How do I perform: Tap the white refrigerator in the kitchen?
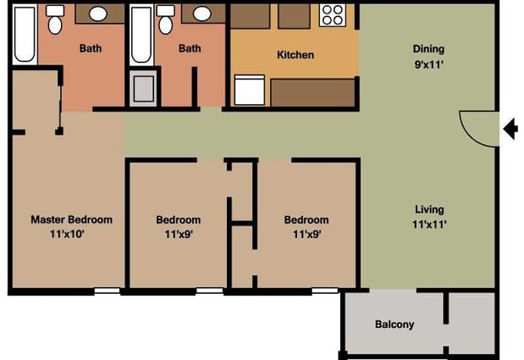(251, 89)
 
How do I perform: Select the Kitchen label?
(295, 55)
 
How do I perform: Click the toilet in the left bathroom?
(55, 19)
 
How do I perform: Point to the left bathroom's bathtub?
(25, 34)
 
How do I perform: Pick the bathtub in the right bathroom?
(140, 34)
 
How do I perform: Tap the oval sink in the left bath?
(98, 14)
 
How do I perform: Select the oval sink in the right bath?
(201, 14)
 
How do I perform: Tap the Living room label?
(428, 209)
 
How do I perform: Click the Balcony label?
(394, 324)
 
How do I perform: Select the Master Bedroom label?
(71, 219)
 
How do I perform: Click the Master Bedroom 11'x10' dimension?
(71, 235)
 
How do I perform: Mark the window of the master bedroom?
(106, 291)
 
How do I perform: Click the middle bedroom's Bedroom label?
(178, 220)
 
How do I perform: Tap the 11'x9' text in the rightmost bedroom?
(306, 235)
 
